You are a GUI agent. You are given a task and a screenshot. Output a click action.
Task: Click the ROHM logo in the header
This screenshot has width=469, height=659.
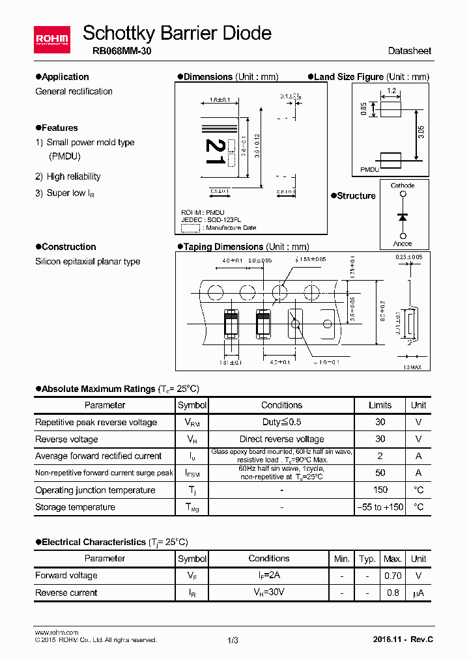(x=52, y=41)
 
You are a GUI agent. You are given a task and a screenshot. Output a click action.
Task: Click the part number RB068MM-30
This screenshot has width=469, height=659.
(x=117, y=51)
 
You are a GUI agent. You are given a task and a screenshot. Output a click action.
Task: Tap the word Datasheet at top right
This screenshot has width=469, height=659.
(x=409, y=51)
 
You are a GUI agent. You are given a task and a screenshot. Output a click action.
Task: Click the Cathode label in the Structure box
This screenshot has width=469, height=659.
(x=403, y=186)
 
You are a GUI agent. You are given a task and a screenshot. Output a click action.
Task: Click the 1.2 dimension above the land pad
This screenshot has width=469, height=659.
(x=391, y=92)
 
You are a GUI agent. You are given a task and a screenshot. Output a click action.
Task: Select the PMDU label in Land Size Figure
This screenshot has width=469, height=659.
(x=370, y=169)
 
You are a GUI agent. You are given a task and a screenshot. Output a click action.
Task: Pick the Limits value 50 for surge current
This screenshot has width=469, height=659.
(x=380, y=473)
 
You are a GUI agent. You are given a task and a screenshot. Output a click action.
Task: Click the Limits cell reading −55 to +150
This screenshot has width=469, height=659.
(x=380, y=507)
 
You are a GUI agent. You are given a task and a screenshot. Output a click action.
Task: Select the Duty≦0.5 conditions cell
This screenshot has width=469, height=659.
(x=281, y=422)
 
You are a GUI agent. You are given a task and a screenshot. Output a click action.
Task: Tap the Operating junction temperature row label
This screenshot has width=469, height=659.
(x=95, y=490)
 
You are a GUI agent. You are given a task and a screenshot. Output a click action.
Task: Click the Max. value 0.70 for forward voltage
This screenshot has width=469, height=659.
(x=392, y=576)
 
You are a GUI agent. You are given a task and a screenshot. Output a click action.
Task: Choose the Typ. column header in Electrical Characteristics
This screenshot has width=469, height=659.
(x=368, y=559)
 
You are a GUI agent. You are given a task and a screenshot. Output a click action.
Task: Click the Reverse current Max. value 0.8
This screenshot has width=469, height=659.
(x=392, y=593)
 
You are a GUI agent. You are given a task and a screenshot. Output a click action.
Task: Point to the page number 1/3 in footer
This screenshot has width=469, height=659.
(x=233, y=640)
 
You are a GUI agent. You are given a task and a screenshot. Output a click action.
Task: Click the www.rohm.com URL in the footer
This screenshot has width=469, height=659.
(x=57, y=632)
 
